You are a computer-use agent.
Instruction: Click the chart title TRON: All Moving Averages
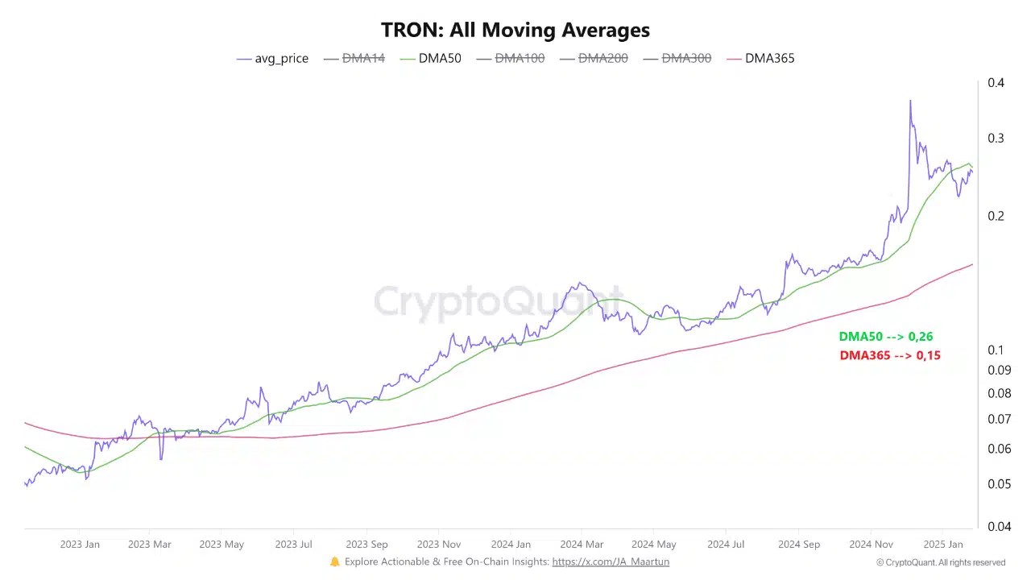(x=515, y=30)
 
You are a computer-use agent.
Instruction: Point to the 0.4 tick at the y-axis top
(x=996, y=83)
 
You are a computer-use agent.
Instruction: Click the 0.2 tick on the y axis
(x=996, y=216)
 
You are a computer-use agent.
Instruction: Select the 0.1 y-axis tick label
(x=996, y=350)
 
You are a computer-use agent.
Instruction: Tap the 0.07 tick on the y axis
(x=999, y=419)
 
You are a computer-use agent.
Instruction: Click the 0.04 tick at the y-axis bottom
(x=999, y=526)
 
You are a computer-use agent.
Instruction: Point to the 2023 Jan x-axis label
(x=80, y=545)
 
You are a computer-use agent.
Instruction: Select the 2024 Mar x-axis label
(x=582, y=545)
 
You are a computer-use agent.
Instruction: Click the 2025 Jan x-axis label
(x=942, y=545)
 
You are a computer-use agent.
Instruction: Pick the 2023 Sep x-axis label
(x=367, y=545)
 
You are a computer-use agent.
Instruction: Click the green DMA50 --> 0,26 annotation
(x=885, y=337)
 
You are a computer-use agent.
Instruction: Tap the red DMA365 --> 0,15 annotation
(x=889, y=355)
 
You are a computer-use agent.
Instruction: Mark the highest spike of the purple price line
(x=910, y=101)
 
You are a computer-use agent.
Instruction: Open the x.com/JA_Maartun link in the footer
(x=610, y=561)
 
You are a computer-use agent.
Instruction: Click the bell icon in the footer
(x=335, y=561)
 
